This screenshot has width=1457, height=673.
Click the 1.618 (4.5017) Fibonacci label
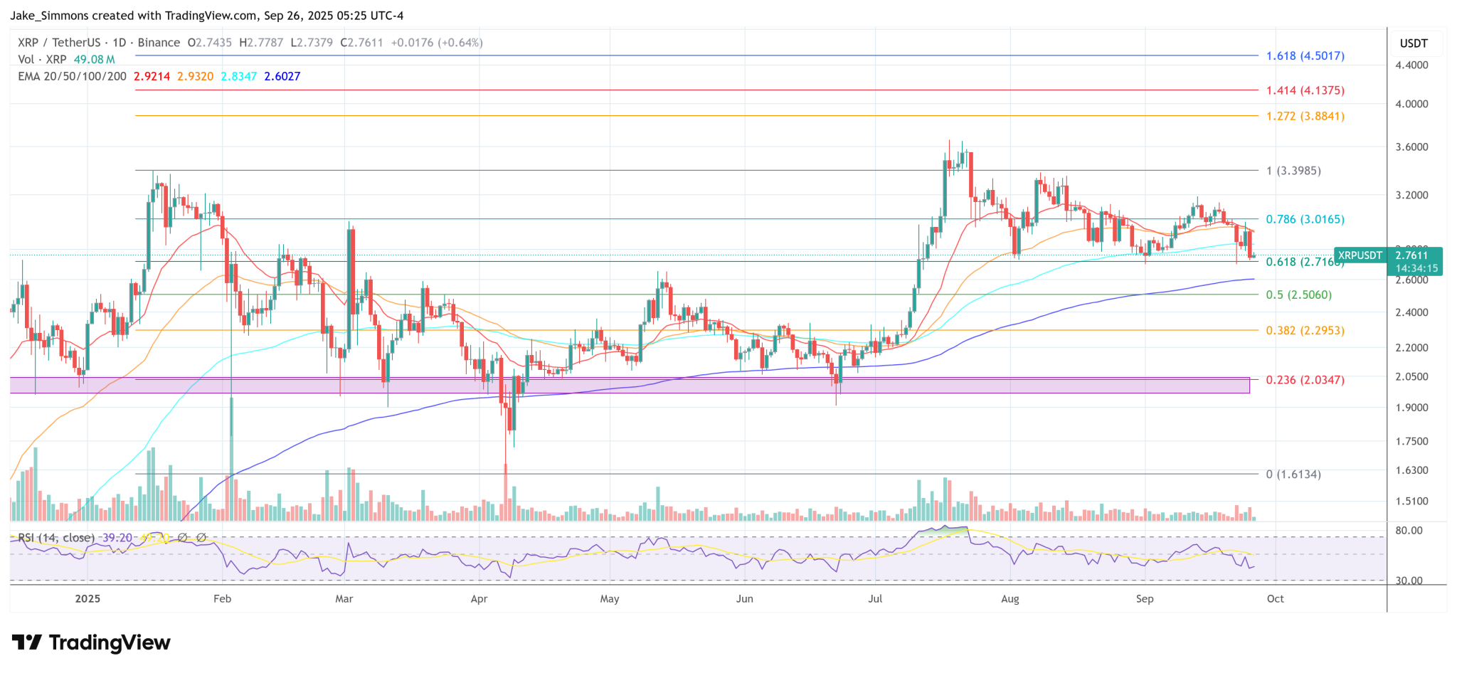coord(1305,55)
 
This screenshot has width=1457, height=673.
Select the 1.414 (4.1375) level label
coord(1305,90)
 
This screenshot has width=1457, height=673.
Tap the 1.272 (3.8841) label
coord(1305,116)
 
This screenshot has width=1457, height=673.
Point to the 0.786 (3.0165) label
coord(1305,219)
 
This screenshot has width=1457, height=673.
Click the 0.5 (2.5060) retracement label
coord(1298,295)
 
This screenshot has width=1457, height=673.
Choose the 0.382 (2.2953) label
coord(1305,330)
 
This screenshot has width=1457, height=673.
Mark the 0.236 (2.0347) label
coord(1305,380)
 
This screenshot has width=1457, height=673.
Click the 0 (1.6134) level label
coord(1293,474)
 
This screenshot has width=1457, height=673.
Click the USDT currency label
coord(1414,43)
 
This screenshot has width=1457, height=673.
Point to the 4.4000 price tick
coord(1412,65)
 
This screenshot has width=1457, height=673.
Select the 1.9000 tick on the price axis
coord(1412,408)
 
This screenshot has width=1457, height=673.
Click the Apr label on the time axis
coord(479,599)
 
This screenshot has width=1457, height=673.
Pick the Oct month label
coord(1275,599)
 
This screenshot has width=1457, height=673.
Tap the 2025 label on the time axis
coord(88,599)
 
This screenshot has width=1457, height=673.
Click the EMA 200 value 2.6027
coord(282,76)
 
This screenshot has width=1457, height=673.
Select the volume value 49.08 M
coord(94,60)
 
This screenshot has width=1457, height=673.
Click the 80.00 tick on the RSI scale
coord(1409,531)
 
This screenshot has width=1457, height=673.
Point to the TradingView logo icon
coord(27,643)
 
